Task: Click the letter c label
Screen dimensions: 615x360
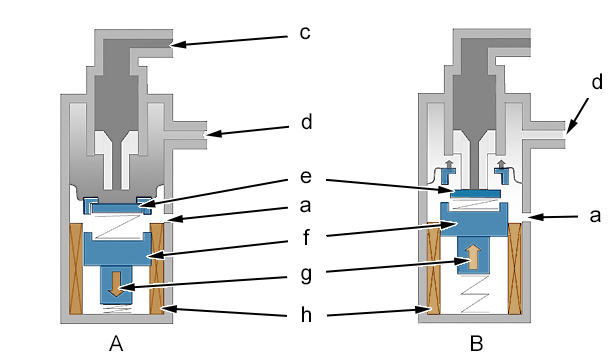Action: click(x=305, y=33)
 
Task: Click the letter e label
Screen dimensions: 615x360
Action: click(x=306, y=176)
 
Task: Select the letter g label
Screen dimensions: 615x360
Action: click(x=306, y=275)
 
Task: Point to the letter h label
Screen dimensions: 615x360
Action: click(x=306, y=314)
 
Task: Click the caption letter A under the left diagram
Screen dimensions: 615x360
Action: click(x=116, y=344)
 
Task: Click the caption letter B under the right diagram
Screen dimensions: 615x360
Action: click(x=476, y=344)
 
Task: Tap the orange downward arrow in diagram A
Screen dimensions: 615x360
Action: click(x=116, y=284)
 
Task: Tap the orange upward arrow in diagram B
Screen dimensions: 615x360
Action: click(x=473, y=257)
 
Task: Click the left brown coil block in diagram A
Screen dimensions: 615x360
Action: click(x=76, y=269)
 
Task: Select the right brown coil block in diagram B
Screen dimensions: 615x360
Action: click(x=515, y=269)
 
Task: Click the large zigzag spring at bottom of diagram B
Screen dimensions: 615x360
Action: click(x=475, y=294)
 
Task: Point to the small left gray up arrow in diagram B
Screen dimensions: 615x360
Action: click(x=449, y=164)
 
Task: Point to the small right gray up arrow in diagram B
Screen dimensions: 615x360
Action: click(x=500, y=164)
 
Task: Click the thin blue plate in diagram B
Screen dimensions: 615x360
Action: click(x=475, y=193)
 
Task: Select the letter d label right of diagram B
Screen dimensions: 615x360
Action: click(x=597, y=82)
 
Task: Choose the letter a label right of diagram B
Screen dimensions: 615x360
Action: click(x=595, y=216)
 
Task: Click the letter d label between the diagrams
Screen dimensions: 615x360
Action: click(x=306, y=122)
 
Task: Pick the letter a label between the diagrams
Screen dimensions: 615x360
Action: click(x=305, y=206)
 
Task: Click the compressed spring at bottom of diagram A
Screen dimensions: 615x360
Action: click(x=116, y=309)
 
